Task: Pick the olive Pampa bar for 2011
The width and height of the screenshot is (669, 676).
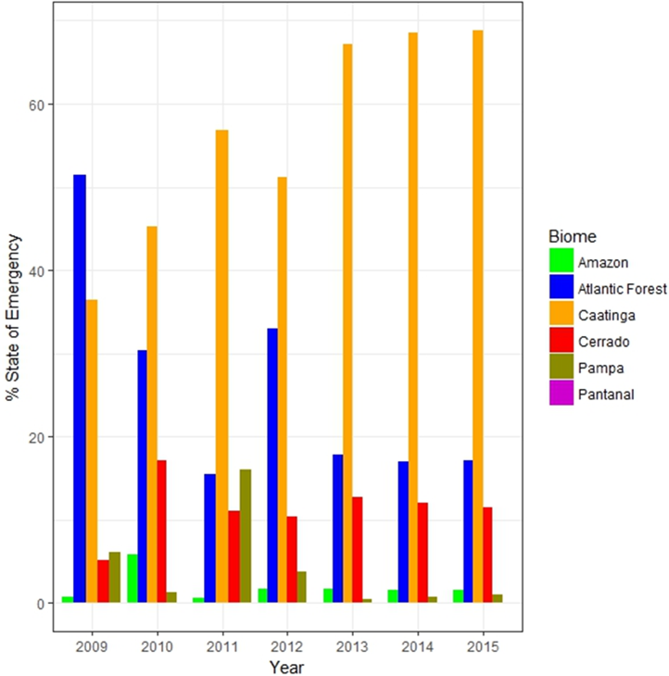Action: [x=246, y=536]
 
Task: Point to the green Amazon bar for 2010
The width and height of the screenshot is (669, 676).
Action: [x=133, y=579]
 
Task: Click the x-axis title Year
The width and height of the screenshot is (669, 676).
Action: [x=287, y=665]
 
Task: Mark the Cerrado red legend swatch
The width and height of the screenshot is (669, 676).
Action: [x=559, y=342]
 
